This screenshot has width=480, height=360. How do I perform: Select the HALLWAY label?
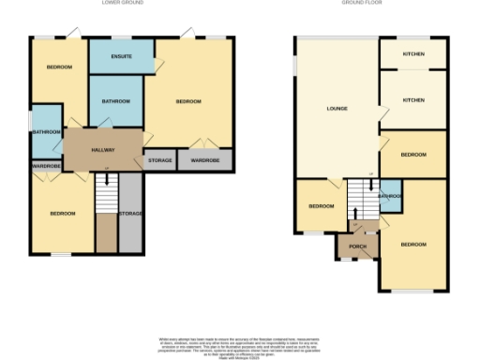(103, 150)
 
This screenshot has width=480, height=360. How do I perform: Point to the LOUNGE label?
(337, 109)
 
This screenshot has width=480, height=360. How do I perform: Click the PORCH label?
(357, 247)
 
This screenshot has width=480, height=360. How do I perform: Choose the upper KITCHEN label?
(412, 54)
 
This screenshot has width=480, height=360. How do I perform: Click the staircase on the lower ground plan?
(107, 197)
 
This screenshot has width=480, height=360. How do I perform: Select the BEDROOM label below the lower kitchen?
(412, 154)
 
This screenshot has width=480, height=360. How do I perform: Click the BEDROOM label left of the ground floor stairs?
(322, 205)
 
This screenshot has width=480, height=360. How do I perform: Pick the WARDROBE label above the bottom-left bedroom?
(47, 167)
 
